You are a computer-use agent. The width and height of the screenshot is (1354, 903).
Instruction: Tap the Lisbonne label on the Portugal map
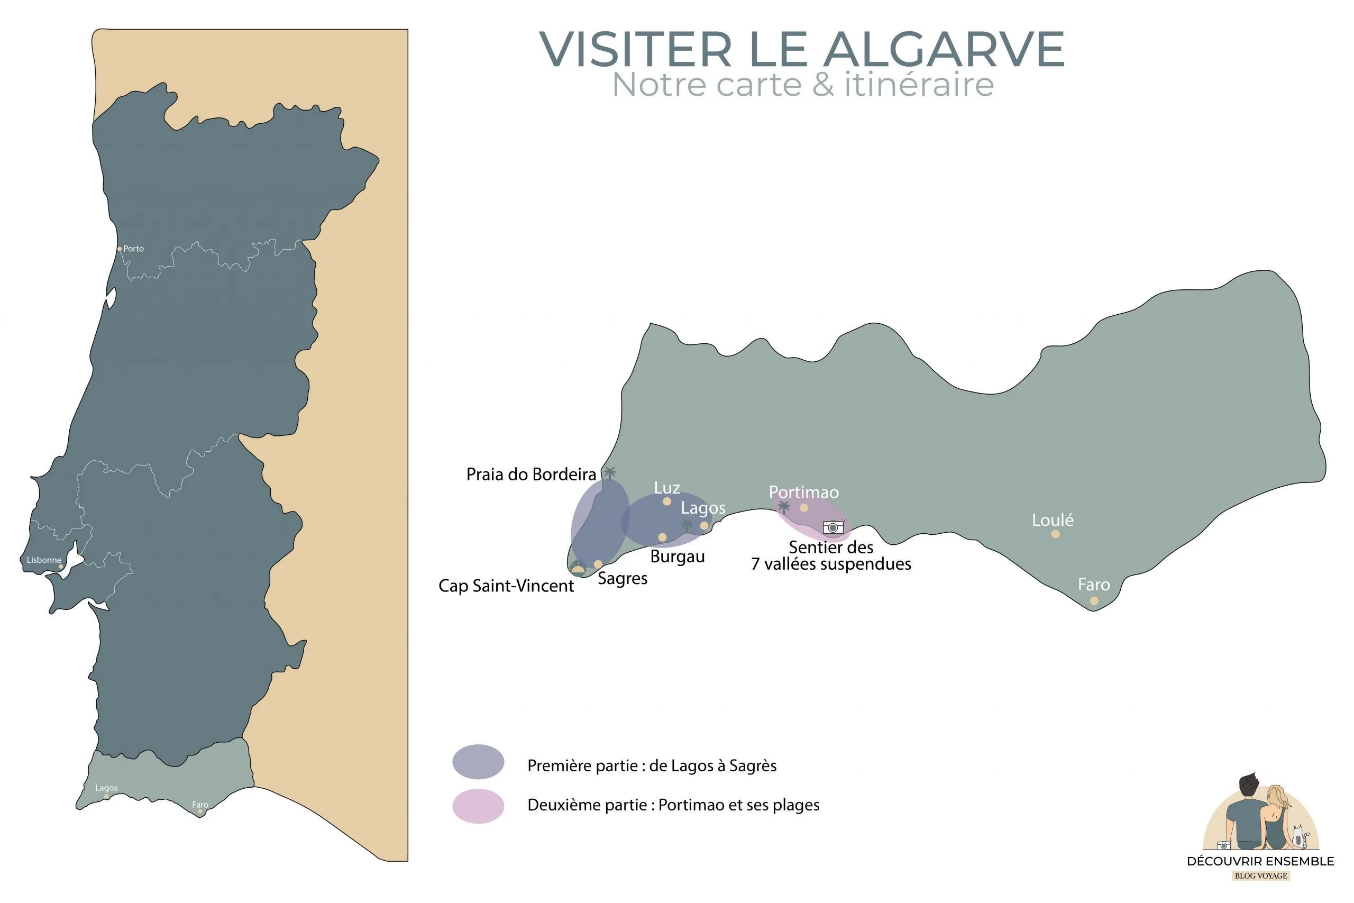44,560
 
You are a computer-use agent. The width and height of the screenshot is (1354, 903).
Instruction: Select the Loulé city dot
1055,534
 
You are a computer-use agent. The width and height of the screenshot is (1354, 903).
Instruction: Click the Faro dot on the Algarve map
1094,600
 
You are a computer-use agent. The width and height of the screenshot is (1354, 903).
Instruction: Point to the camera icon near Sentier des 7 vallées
833,527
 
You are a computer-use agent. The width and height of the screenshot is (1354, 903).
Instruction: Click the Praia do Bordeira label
531,474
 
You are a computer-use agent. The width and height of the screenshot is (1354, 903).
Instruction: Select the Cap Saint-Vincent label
506,586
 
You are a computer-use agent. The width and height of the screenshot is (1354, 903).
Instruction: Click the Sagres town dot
598,564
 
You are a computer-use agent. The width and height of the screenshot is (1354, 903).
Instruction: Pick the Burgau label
677,557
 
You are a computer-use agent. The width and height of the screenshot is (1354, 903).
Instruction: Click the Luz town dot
666,501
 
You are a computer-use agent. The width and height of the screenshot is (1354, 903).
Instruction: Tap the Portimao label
803,492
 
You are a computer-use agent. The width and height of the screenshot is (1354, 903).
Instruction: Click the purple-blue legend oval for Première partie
478,761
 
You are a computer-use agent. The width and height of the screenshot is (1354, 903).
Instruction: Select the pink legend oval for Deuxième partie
478,806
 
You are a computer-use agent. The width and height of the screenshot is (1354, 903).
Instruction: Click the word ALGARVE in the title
944,50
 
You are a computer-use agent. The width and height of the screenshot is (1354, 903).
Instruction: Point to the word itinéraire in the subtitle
919,85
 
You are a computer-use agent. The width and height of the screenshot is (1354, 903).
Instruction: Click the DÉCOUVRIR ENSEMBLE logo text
1260,861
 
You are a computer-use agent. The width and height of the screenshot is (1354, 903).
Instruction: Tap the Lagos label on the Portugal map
106,787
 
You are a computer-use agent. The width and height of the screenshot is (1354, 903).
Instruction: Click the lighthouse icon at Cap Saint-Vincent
578,568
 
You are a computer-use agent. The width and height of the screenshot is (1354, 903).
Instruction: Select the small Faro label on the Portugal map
200,804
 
